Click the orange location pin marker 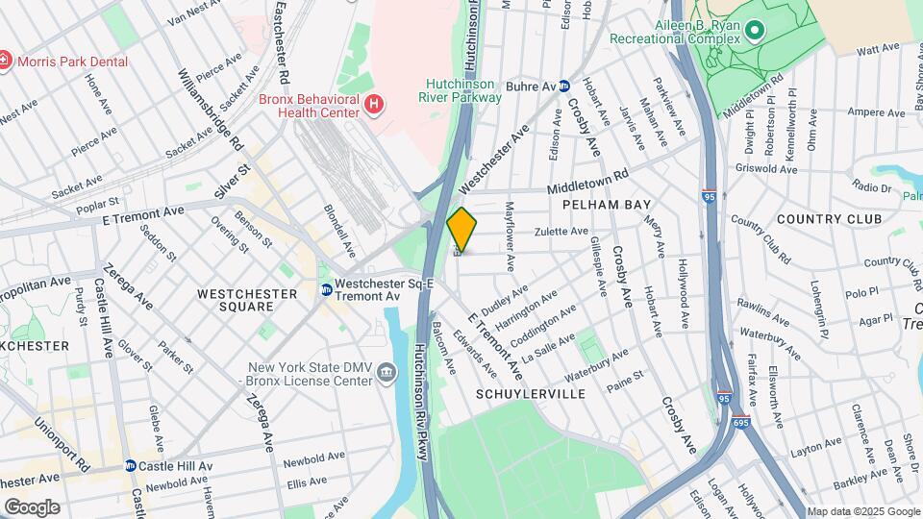(461, 229)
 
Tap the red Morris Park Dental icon (5, 62)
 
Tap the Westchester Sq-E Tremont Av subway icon (327, 289)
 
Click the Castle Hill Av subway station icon (130, 466)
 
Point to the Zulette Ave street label (561, 232)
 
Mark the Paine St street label (625, 376)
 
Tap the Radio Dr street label (871, 186)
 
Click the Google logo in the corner (32, 507)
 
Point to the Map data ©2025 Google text (862, 512)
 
